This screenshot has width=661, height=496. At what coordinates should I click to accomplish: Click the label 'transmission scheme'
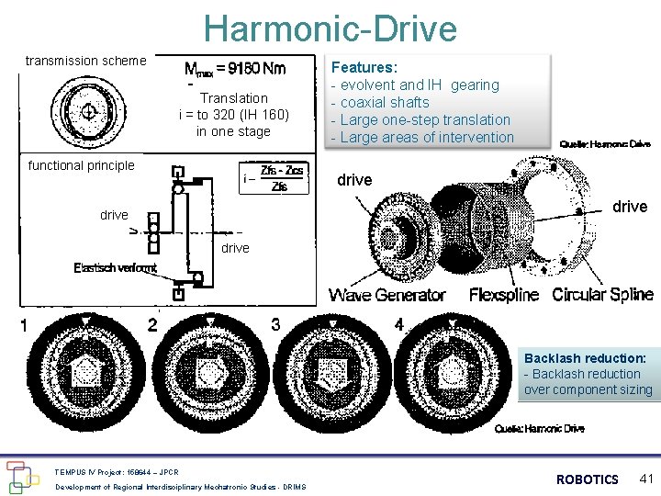coord(85,61)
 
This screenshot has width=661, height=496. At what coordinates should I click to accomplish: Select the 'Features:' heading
coord(364,67)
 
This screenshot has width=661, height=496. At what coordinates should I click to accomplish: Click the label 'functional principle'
coord(81,165)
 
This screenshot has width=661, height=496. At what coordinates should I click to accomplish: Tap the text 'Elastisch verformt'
coord(115,267)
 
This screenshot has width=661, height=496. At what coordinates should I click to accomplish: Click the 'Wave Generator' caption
coord(387,295)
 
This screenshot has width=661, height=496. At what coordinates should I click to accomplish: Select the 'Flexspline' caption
coord(504,295)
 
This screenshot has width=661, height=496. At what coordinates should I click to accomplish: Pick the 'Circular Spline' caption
coord(602,295)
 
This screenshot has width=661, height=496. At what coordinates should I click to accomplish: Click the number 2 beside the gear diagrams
coord(152,324)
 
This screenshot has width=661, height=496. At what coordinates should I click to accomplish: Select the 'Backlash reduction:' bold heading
coord(585,357)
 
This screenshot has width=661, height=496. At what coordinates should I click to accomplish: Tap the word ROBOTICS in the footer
coord(588,479)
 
